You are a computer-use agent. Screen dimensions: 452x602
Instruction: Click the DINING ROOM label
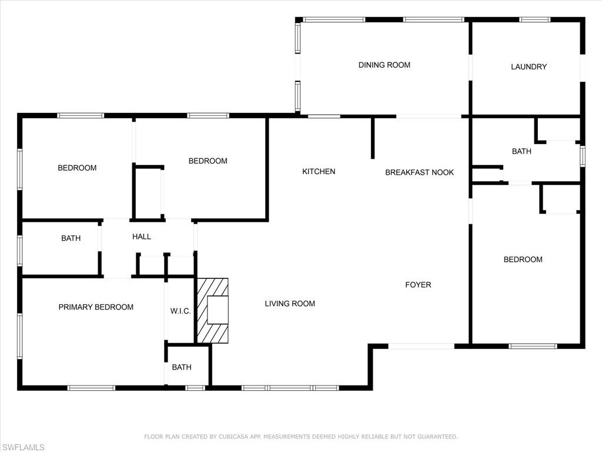coord(384,65)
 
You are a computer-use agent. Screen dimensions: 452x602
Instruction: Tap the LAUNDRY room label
coord(529,67)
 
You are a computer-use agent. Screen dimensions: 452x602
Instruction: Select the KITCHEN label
coord(319,171)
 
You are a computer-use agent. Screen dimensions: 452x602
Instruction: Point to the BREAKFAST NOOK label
coord(419,172)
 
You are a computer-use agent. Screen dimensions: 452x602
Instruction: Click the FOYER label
coord(418,285)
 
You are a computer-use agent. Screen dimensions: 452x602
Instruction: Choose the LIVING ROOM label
coord(290,304)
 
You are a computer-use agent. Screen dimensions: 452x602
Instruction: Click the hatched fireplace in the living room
coord(212,310)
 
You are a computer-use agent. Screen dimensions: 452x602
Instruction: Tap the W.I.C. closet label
coord(180,311)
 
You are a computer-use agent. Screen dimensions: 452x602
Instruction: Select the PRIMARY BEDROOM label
coord(96,307)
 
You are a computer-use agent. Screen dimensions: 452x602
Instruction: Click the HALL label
coord(141,237)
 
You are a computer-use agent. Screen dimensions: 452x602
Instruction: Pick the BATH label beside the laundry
coord(521,151)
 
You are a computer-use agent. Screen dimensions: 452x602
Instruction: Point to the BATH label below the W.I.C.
coord(182,367)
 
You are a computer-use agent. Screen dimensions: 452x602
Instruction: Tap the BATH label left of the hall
coord(71,238)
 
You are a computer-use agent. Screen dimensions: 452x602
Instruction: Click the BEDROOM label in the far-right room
coord(523,260)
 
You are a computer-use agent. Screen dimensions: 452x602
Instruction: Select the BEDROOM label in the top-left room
coord(77,168)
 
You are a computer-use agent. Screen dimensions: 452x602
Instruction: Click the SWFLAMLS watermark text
coord(23,447)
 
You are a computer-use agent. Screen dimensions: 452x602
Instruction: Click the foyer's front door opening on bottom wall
coord(421,346)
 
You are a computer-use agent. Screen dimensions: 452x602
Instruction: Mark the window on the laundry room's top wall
coord(535,19)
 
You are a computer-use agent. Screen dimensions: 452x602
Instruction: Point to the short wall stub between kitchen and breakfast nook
coord(373,138)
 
